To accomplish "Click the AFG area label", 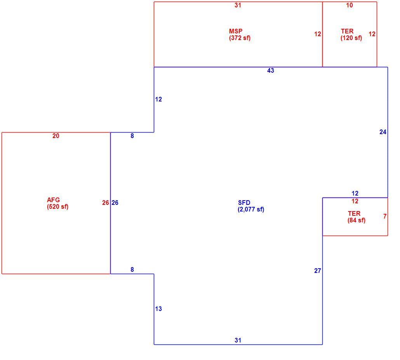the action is pos(53,200).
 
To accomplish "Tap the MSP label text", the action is pos(236,31).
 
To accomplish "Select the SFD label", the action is pos(244,203).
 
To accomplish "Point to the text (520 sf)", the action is pos(57,206).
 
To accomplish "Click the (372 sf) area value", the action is pos(240,38).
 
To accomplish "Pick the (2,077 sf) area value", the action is pos(251,210).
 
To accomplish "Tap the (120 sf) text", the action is pos(351,38).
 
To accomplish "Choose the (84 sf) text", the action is pos(357,220).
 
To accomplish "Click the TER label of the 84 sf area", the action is pos(354,213).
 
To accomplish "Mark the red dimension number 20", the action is pos(56,136).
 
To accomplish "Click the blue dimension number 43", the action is pos(271,70).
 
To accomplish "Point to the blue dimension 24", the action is pos(383,132).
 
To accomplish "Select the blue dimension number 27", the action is pos(318,271).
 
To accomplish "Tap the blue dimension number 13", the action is pos(158,309).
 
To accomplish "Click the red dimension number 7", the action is pos(385,216).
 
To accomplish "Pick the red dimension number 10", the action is pos(350,5).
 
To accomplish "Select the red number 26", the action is pos(106,203).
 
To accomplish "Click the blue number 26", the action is pos(115,203).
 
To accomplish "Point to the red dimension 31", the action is pos(238,5).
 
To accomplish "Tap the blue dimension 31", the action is pos(238,340).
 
